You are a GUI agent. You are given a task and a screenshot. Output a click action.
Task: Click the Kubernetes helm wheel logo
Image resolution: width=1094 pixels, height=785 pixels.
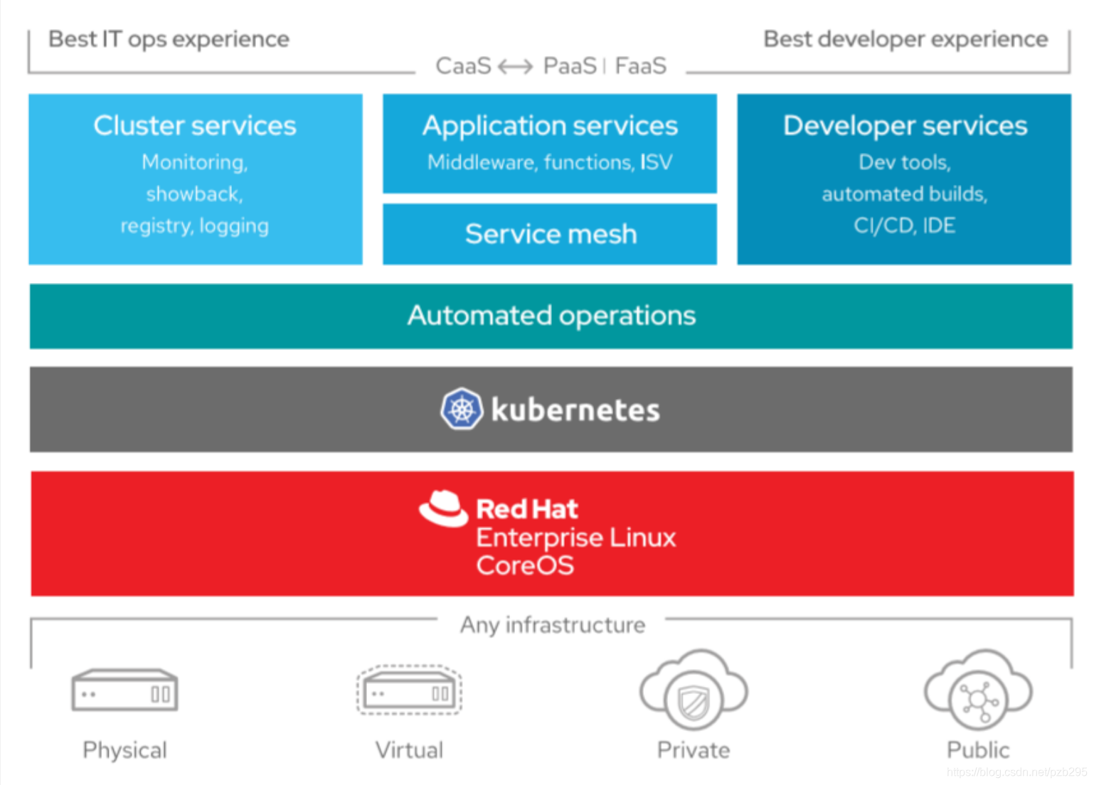[x=461, y=410]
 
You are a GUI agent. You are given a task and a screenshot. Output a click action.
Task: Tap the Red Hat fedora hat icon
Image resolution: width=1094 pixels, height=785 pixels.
[x=443, y=508]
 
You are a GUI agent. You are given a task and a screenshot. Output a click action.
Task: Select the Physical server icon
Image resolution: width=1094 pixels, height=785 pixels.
[x=124, y=690]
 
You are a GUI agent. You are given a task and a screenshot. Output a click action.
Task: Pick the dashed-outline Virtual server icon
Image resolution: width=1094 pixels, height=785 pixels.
[x=409, y=690]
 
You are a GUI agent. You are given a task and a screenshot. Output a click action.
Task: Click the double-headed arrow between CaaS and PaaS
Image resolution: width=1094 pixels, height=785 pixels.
[x=516, y=67]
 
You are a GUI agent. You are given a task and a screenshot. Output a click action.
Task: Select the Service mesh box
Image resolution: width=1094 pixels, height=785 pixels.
[x=550, y=234]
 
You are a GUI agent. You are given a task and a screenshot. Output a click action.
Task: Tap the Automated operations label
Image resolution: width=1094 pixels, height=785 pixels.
[x=551, y=316]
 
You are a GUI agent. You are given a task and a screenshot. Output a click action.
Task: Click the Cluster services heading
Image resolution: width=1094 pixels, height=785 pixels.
[x=195, y=126]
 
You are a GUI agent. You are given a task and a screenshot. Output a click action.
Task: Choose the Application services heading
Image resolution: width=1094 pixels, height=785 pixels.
[x=550, y=126]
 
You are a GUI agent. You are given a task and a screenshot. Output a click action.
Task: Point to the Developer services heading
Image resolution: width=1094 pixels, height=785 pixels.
[x=905, y=126]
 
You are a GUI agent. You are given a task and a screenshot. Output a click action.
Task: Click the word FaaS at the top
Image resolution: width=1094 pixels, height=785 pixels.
[x=640, y=66]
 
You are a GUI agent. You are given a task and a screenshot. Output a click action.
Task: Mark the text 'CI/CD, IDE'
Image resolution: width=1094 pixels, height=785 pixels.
[x=904, y=225]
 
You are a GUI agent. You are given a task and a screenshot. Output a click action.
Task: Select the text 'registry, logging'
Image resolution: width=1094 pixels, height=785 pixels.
[x=195, y=226]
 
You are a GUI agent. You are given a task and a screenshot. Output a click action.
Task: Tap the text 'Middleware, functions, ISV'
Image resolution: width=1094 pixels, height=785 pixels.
[x=550, y=163]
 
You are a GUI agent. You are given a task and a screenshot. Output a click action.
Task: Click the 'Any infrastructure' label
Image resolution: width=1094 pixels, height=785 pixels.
[x=553, y=625]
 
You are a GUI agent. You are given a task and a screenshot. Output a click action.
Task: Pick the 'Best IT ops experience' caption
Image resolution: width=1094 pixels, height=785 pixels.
[x=169, y=39]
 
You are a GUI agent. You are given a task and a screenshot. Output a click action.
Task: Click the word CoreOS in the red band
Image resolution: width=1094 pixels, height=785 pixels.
[x=525, y=566]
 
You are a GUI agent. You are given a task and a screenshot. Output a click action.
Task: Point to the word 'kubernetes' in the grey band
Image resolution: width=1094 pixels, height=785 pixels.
[x=575, y=410]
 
